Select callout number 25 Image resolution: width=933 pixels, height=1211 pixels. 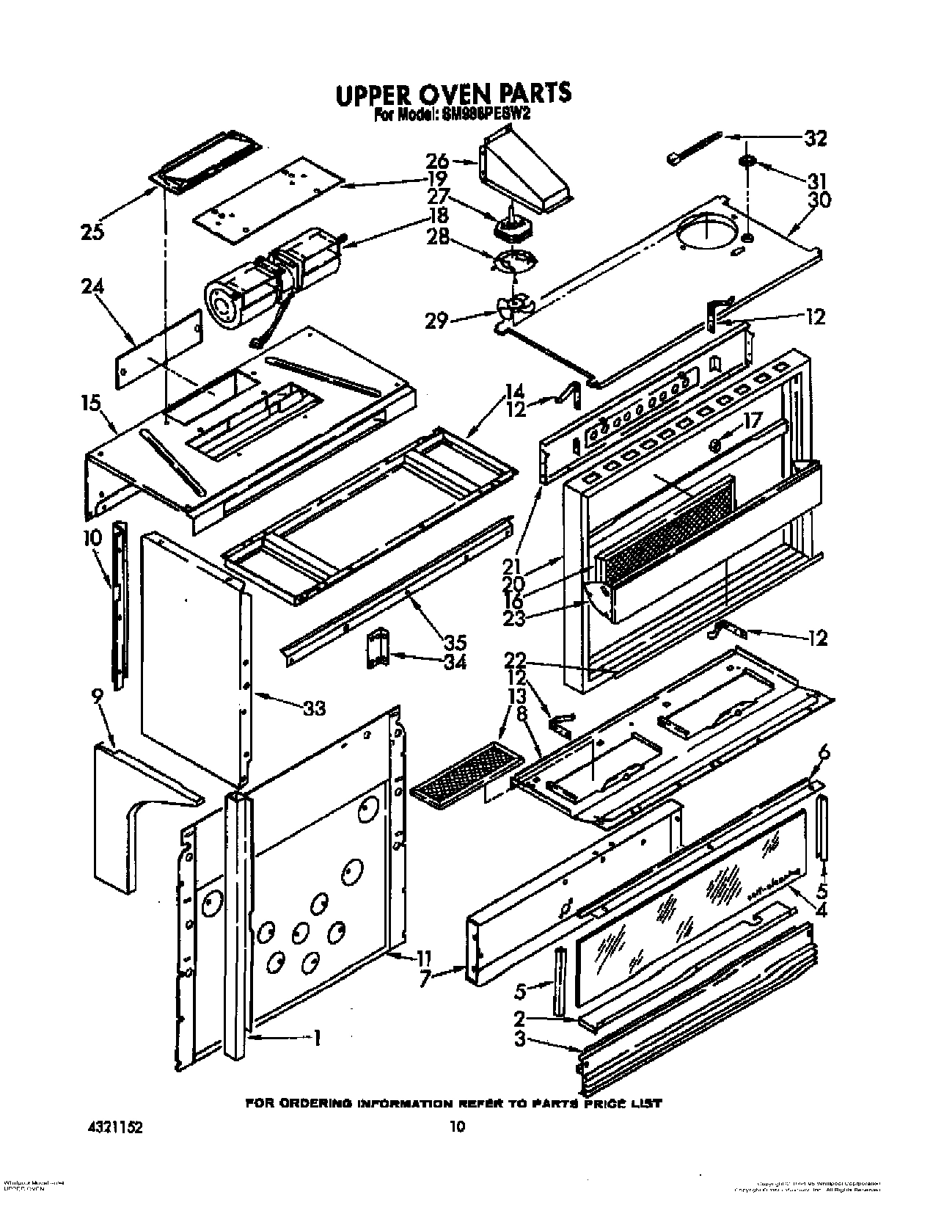[x=93, y=232]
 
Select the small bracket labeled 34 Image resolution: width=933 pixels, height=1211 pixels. [x=376, y=648]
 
